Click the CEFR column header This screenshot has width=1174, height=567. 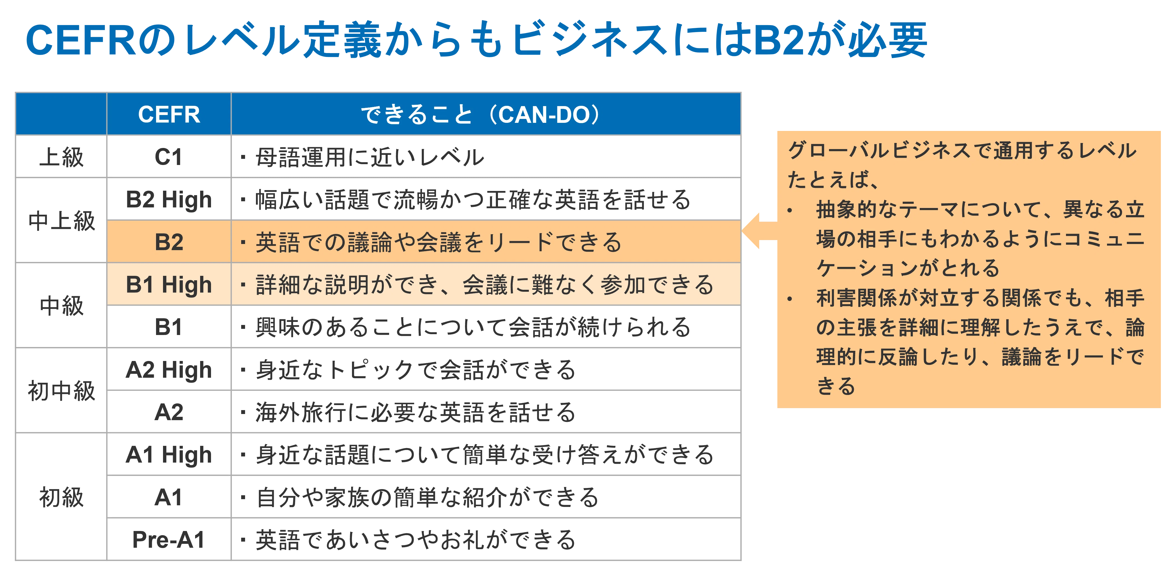169,114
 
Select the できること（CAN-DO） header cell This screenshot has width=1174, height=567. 486,114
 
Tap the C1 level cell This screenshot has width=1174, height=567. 169,157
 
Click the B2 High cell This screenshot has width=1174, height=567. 169,199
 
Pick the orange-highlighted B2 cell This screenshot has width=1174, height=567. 169,241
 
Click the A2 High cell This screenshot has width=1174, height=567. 169,369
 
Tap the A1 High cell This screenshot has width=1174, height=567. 169,454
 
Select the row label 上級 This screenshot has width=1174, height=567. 61,157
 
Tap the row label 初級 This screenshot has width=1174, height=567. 61,497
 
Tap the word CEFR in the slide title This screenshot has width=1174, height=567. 81,40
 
